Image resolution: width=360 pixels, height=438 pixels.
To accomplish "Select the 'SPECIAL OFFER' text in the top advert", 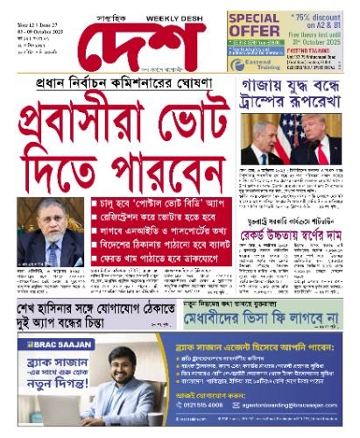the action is click(x=253, y=25).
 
